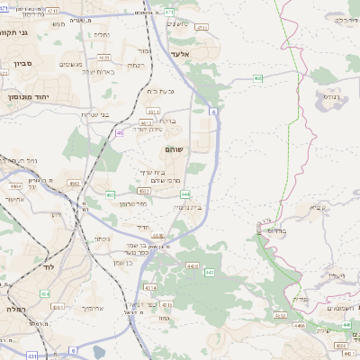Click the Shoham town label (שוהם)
click(175, 148)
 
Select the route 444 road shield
click(184, 193)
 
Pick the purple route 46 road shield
click(120, 132)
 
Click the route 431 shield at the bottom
click(32, 356)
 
